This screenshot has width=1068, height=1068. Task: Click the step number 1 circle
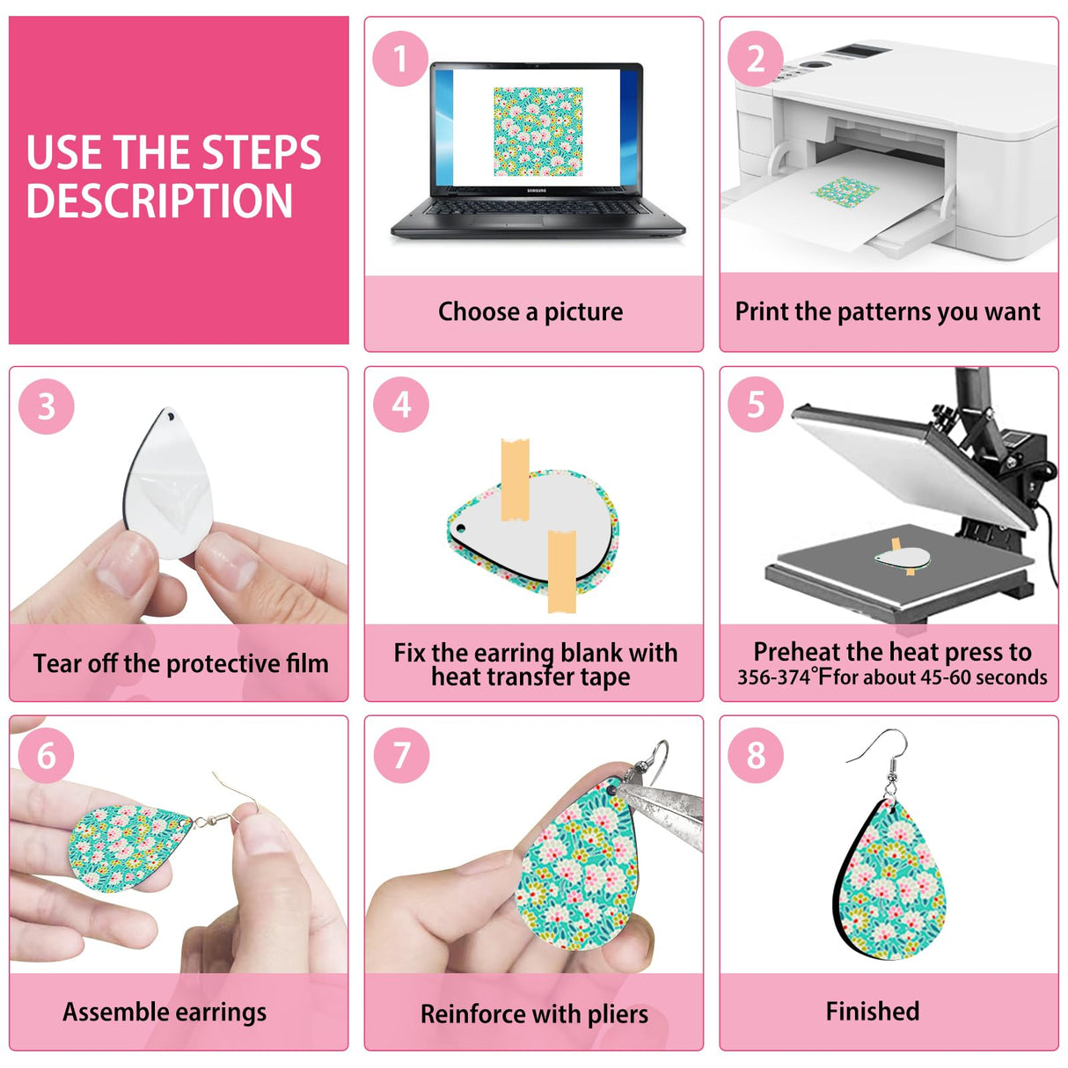[400, 59]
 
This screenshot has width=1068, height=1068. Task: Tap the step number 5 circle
[756, 405]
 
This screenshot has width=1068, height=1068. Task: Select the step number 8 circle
[756, 755]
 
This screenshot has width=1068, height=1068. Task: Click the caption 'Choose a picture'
[530, 311]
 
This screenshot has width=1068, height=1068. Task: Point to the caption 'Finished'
[873, 1011]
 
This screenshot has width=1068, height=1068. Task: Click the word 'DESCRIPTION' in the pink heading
[159, 201]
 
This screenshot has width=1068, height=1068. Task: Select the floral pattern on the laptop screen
[538, 130]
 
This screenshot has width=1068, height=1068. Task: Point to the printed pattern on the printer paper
[845, 191]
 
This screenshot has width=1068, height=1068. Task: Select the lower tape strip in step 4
[561, 570]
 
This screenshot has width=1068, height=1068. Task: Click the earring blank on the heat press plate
[903, 558]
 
